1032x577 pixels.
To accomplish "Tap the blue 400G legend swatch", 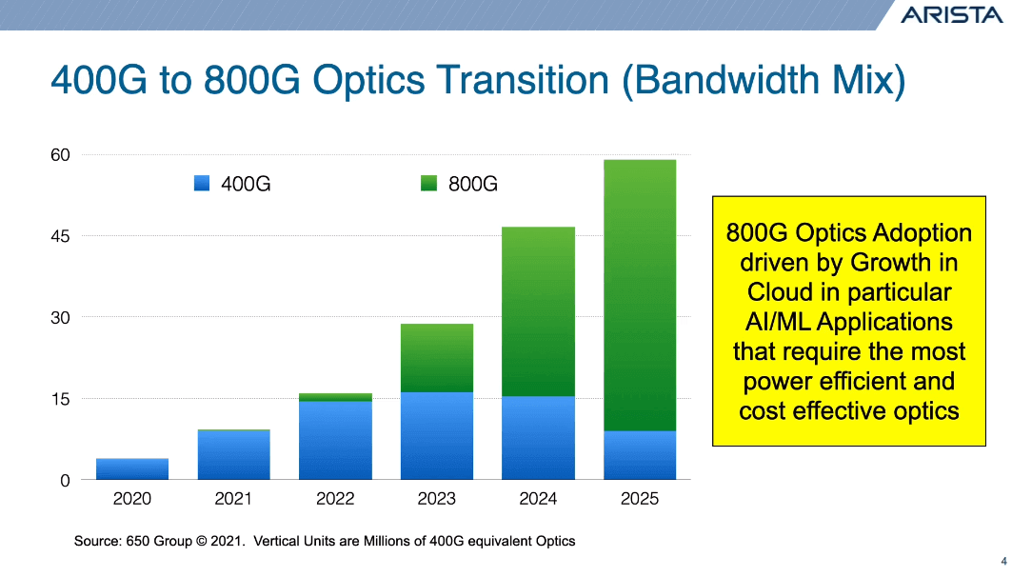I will [201, 184].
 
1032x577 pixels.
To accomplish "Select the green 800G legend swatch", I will [428, 184].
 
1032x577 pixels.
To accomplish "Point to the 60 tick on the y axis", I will [60, 155].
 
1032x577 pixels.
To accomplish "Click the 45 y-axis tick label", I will [60, 236].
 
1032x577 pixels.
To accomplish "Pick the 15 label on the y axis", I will [60, 399].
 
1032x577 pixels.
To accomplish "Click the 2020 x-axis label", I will [132, 498].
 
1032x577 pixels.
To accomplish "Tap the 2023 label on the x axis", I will [436, 498].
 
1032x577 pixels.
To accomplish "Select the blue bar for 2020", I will [132, 468].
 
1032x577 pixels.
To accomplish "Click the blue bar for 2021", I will [233, 455].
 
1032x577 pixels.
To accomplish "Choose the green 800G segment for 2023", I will [436, 358].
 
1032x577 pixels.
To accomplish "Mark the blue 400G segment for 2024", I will [538, 437].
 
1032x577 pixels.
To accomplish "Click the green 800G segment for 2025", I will [639, 295].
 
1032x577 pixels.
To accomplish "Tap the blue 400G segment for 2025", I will [639, 455].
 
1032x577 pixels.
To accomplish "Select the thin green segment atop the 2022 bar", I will [335, 397].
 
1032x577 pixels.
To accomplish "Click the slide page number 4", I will [1004, 559].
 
